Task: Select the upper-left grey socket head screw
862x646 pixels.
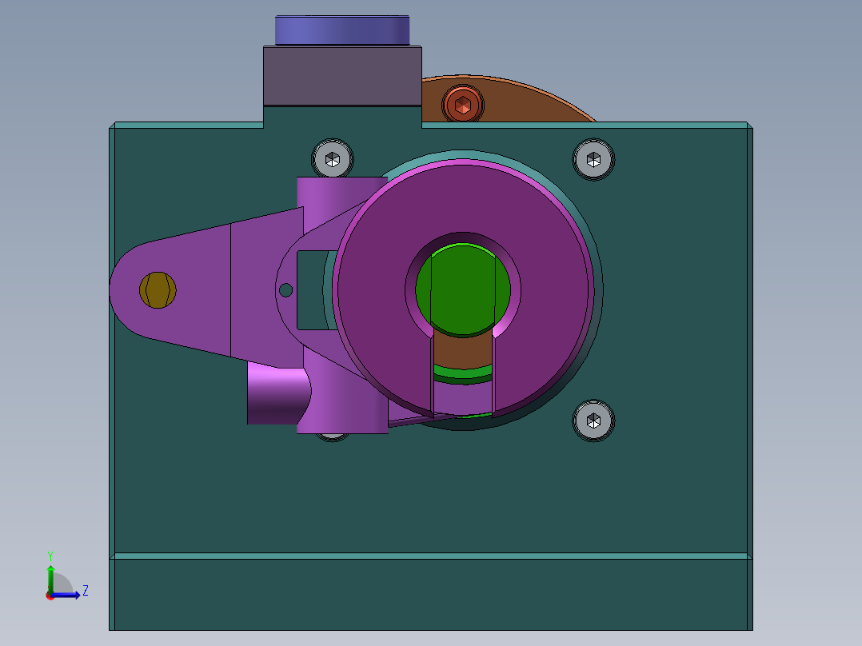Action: coord(333,158)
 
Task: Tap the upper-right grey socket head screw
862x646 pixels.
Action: coord(593,159)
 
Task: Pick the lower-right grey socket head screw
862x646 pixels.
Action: coord(593,420)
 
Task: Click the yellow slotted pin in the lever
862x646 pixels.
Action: coord(158,289)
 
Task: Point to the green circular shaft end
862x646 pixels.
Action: coord(464,288)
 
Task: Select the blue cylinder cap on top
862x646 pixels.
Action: coord(342,30)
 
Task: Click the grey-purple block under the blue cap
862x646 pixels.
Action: coord(342,76)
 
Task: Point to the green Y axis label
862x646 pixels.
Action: coord(50,555)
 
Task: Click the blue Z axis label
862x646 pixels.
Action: coord(85,591)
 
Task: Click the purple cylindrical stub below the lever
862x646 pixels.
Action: coord(276,396)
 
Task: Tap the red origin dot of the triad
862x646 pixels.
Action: coord(50,596)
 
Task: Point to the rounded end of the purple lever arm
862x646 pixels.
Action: coord(128,289)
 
